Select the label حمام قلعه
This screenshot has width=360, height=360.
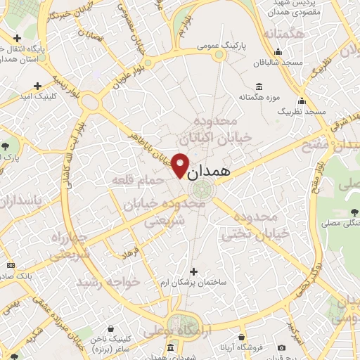pyautogui.click(x=138, y=181)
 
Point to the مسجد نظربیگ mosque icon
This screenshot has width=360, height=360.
pyautogui.click(x=302, y=101)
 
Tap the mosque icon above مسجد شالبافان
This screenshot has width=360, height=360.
pyautogui.click(x=278, y=51)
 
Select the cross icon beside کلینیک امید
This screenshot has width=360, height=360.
pyautogui.click(x=38, y=86)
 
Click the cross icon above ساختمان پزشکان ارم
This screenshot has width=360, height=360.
pyautogui.click(x=194, y=271)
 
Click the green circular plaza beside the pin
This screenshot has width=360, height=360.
pyautogui.click(x=202, y=188)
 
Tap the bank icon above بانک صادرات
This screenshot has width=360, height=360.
pyautogui.click(x=10, y=265)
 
